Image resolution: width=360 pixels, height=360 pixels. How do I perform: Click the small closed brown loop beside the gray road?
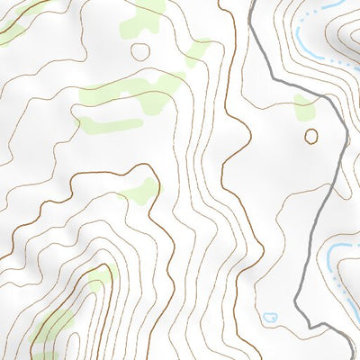311,136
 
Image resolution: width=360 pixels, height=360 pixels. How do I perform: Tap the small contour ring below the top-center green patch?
140,50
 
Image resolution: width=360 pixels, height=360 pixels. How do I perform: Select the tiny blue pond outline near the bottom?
270,318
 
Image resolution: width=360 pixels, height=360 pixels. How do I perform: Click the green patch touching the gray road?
305,109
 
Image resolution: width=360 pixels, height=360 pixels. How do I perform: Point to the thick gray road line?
329,198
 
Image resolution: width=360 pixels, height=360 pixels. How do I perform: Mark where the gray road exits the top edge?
248,2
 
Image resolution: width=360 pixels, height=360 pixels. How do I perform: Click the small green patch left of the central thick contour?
139,190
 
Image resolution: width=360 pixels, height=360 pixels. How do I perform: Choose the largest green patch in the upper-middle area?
135,90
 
